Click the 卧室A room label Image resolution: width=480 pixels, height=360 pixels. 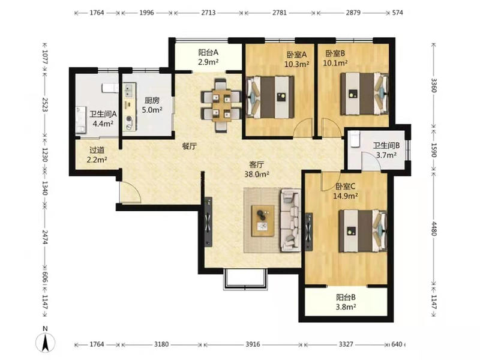296,55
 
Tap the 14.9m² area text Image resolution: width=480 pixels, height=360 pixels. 346,196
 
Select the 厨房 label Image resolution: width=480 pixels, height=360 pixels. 152,100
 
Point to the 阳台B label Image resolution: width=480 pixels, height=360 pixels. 346,297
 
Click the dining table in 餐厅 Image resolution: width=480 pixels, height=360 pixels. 222,106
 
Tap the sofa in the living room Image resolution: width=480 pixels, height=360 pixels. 290,220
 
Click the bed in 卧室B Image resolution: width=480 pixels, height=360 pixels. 364,94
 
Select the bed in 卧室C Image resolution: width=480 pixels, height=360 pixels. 363,231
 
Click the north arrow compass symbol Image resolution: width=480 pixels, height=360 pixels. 46,342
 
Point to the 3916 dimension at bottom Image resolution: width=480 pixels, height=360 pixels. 253,344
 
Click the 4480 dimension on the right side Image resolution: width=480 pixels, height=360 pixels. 434,229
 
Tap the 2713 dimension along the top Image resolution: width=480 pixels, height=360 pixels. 208,13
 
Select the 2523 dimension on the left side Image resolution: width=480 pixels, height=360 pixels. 45,104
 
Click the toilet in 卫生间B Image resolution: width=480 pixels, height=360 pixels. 355,140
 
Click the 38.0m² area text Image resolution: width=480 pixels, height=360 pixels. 257,175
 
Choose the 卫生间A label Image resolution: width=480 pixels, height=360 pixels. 103,114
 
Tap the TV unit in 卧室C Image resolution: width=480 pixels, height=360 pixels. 309,232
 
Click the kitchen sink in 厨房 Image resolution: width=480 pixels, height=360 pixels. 129,89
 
